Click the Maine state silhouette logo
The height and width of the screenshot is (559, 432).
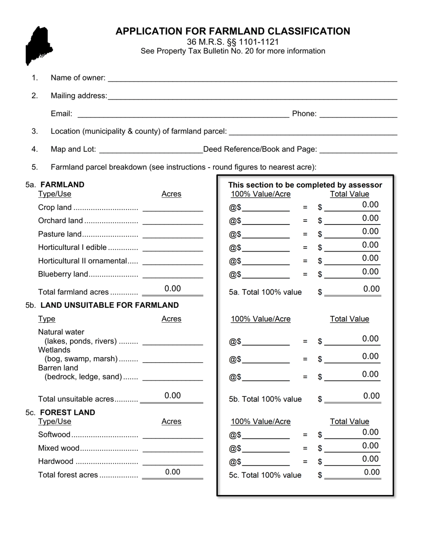point(39,45)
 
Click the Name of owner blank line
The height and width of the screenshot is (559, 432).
point(252,78)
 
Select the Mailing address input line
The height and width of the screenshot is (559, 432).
point(252,95)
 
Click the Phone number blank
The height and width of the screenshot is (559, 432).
point(358,114)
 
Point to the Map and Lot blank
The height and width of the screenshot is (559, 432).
point(151,149)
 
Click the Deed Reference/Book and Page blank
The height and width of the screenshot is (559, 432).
point(358,149)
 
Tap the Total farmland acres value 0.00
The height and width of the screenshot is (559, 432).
point(173,289)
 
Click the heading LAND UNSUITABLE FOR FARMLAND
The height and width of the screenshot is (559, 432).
point(110,305)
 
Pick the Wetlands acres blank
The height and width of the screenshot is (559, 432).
point(172,359)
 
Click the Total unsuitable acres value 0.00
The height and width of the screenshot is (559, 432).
point(173,396)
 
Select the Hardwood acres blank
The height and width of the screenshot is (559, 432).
point(172,461)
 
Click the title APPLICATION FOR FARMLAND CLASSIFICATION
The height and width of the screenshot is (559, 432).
point(232,31)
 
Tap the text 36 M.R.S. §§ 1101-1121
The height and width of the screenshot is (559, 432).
point(232,42)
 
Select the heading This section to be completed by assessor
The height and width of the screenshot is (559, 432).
point(305,185)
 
